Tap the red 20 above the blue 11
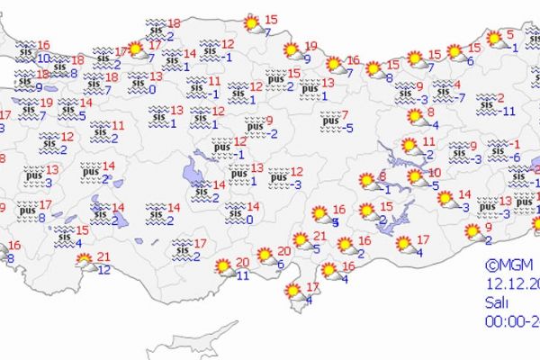pyautogui.click(x=242, y=263)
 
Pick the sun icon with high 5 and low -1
pyautogui.click(x=495, y=39)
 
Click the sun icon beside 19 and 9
pyautogui.click(x=291, y=51)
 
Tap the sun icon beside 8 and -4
pyautogui.click(x=415, y=116)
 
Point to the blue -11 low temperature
pyautogui.click(x=508, y=111)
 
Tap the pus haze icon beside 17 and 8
pyautogui.click(x=26, y=211)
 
